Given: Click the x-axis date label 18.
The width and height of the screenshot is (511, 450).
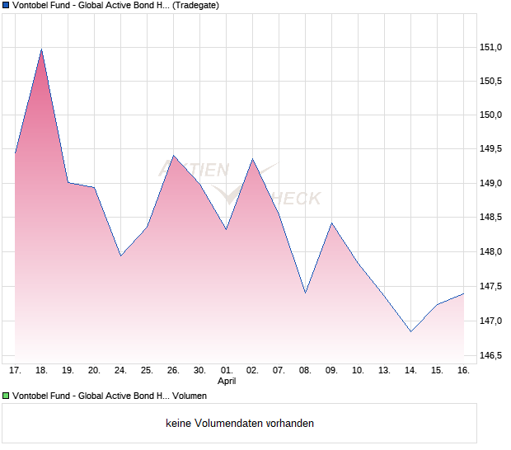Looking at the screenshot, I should click(x=42, y=371).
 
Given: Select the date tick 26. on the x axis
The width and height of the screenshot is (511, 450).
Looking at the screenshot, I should click(x=173, y=371).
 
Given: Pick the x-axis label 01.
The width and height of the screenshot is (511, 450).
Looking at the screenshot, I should click(x=227, y=371).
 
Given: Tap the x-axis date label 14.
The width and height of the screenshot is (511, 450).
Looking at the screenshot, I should click(x=410, y=371).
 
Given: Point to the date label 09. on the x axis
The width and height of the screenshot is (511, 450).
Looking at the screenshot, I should click(x=331, y=371).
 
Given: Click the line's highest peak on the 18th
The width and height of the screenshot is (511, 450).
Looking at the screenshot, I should click(x=41, y=49).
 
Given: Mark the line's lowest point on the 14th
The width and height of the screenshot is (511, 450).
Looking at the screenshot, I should click(x=410, y=331).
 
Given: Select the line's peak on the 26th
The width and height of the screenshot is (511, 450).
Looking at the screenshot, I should click(x=173, y=156).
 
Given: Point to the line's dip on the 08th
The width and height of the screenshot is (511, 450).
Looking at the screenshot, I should click(x=305, y=293).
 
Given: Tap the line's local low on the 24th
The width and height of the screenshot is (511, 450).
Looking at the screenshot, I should click(x=120, y=255).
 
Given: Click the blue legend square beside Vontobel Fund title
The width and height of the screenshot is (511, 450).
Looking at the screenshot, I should click(x=7, y=6).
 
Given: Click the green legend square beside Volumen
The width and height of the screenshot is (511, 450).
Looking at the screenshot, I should click(x=7, y=396).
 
